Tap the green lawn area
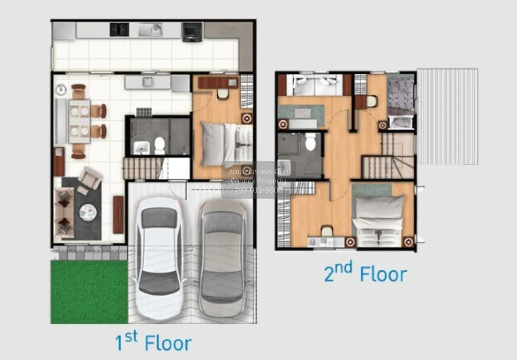click(89, 291)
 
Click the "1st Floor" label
click(153, 343)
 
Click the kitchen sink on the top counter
click(150, 30)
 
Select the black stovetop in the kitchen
click(119, 29)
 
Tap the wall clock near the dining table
click(61, 90)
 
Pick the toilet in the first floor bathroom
click(160, 145)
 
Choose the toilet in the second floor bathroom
click(310, 142)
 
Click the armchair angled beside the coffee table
click(90, 178)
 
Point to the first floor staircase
click(142, 168)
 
